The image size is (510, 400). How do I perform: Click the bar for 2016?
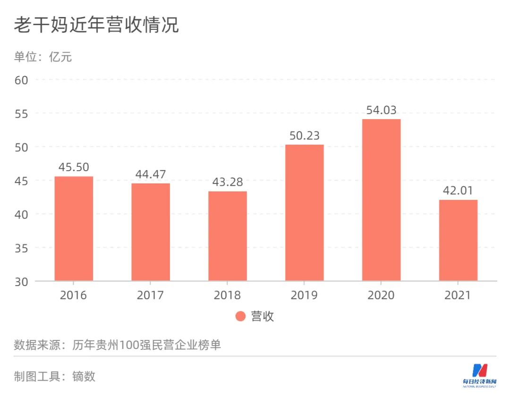pyautogui.click(x=74, y=229)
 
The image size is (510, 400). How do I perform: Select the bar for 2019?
pyautogui.click(x=304, y=213)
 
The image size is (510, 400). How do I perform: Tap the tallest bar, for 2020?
pyautogui.click(x=381, y=200)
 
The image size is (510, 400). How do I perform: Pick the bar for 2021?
pyautogui.click(x=458, y=240)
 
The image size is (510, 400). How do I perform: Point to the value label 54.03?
pyautogui.click(x=381, y=110)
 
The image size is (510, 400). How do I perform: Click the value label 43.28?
pyautogui.click(x=227, y=183)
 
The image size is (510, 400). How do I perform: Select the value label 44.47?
pyautogui.click(x=151, y=174)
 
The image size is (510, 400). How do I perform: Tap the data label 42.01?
pyautogui.click(x=458, y=191)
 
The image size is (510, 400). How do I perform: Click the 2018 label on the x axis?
pyautogui.click(x=227, y=296)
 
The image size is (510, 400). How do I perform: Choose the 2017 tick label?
pyautogui.click(x=151, y=296)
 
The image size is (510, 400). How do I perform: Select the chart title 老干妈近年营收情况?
pyautogui.click(x=96, y=25)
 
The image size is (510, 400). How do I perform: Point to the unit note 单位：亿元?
pyautogui.click(x=43, y=57)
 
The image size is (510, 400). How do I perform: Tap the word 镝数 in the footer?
pyautogui.click(x=84, y=376)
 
